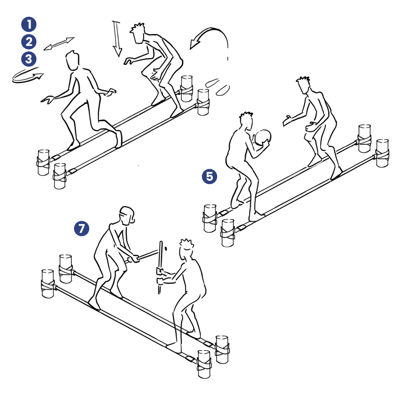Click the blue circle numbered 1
pos(29,24)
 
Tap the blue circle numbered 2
pos(29,42)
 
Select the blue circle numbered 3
pos(29,59)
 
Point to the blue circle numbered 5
pos(209,176)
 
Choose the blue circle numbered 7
pos(82,228)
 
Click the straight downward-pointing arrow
pos(117,39)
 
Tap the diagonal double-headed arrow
pos(59,44)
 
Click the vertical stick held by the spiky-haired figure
pos(160,267)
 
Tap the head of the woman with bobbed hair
pos(127,216)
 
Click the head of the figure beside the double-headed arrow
pos(73,60)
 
